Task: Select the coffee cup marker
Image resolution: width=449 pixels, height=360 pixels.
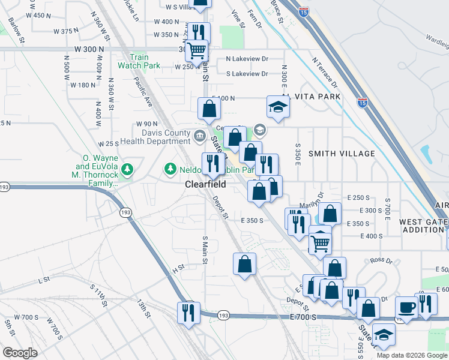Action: point(406,308)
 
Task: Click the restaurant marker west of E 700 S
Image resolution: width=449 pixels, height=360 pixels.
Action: point(188,313)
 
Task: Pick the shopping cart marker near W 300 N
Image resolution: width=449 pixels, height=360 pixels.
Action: point(196,51)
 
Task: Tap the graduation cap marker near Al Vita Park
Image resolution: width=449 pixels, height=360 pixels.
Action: point(278,107)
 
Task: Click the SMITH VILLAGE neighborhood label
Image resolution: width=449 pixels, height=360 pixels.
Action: point(342,154)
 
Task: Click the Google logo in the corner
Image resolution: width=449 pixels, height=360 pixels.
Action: point(20,352)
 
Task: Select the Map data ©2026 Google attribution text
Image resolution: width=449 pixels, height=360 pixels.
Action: point(411,355)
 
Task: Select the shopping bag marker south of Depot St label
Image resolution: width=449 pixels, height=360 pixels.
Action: point(244,264)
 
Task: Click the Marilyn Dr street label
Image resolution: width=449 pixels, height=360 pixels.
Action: point(312,199)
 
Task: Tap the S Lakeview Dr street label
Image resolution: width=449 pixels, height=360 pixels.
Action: point(247,74)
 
